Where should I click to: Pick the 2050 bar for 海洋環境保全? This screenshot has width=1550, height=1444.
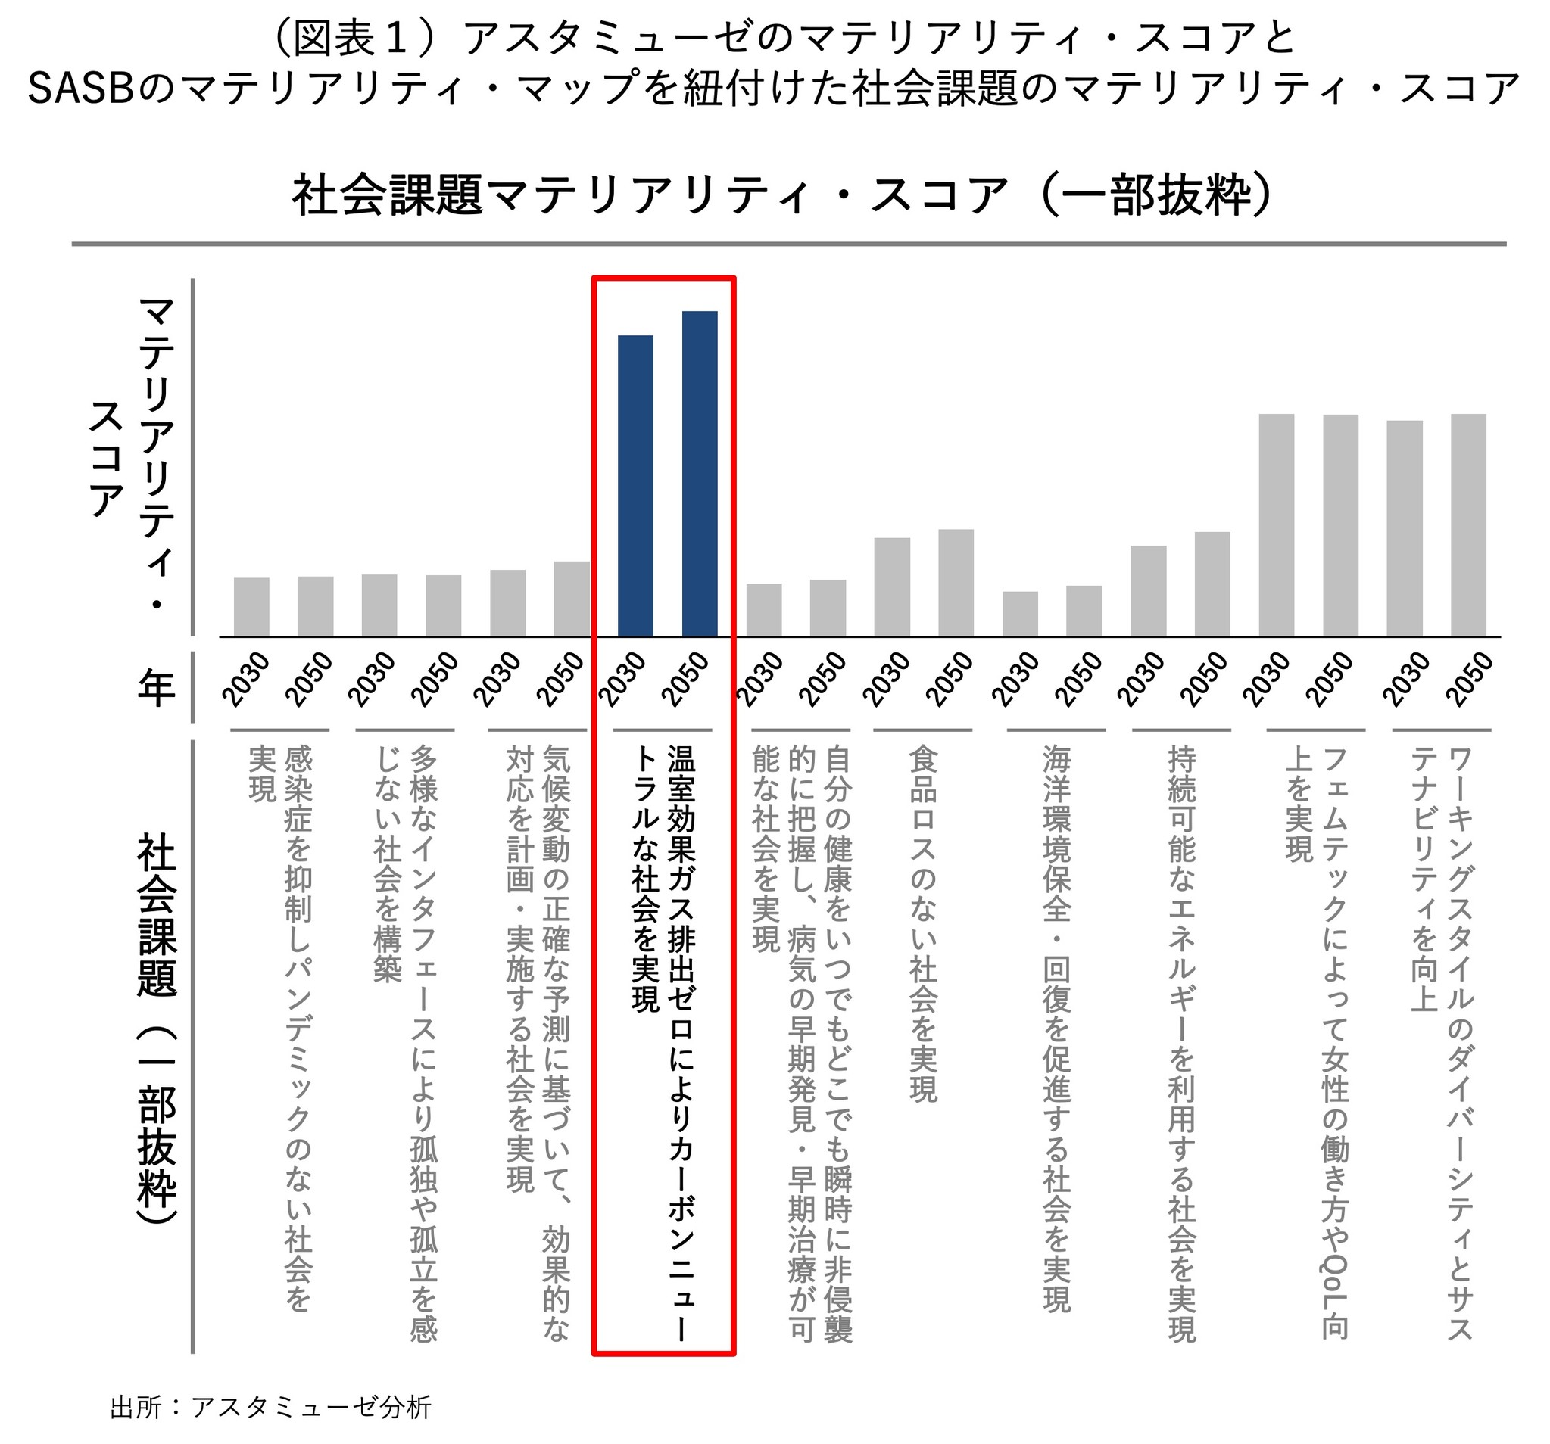coord(1084,611)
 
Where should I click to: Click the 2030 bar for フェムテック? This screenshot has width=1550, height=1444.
coord(1277,525)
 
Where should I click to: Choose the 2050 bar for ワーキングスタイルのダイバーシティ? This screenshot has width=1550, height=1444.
coord(1468,525)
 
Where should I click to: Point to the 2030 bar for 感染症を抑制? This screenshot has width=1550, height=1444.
coord(251,607)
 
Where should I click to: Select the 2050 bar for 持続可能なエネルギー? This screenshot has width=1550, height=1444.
coord(1212,584)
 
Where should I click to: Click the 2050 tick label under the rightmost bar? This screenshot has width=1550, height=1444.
coord(1469,679)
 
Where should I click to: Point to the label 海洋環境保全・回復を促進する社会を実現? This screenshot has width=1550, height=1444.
coord(1056,1029)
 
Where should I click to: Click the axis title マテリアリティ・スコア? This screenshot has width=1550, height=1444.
coord(133,452)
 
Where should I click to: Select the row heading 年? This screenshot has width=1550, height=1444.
coord(156,687)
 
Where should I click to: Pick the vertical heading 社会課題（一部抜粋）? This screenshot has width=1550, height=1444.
coord(156,1029)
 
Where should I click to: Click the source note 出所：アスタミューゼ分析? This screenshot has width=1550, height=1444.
coord(270,1408)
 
